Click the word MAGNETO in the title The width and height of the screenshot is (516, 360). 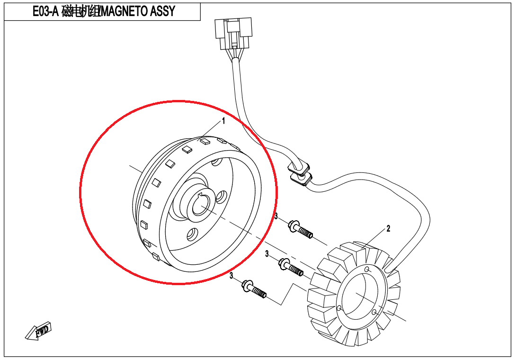point(124,11)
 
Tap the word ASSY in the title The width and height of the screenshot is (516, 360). point(162,11)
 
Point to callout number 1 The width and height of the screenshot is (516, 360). point(223,121)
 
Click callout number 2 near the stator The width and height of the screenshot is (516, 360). point(388,228)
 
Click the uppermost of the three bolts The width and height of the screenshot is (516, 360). point(300,230)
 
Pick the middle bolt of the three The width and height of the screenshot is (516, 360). point(291,267)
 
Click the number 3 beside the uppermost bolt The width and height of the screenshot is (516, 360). point(276,216)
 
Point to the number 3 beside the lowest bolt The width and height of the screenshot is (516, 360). point(231,275)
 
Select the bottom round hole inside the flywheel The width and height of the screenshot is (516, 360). point(192,234)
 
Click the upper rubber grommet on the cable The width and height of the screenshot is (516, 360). point(299,167)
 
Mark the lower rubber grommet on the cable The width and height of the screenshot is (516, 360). point(301,179)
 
